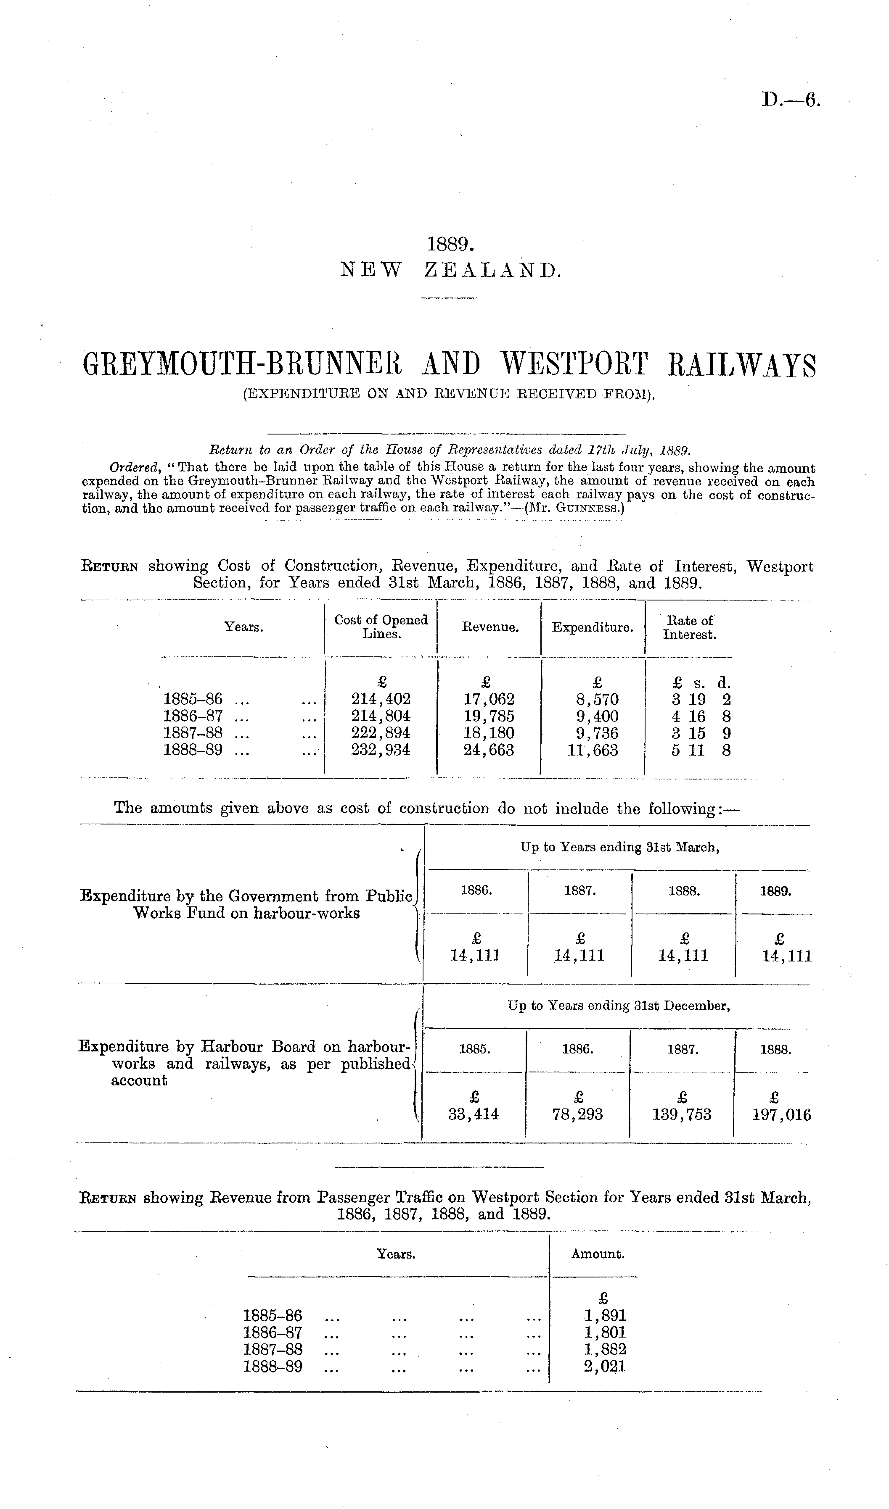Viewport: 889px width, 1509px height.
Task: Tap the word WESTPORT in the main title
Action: point(574,366)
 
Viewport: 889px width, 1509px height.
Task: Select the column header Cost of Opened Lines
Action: point(381,627)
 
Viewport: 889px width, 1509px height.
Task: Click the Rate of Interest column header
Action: point(689,627)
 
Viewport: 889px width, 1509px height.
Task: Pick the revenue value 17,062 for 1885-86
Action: point(489,699)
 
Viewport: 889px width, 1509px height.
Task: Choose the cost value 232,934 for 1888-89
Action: point(381,751)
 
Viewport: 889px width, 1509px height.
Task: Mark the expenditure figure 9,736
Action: point(593,734)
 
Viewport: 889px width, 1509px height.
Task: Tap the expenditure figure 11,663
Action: point(593,751)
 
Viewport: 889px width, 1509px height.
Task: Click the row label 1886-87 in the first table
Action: point(193,716)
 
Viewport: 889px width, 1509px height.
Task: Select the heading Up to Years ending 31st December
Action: point(618,1006)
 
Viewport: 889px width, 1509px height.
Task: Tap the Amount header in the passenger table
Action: point(598,1254)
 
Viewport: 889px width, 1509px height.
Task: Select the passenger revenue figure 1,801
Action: point(605,1333)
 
